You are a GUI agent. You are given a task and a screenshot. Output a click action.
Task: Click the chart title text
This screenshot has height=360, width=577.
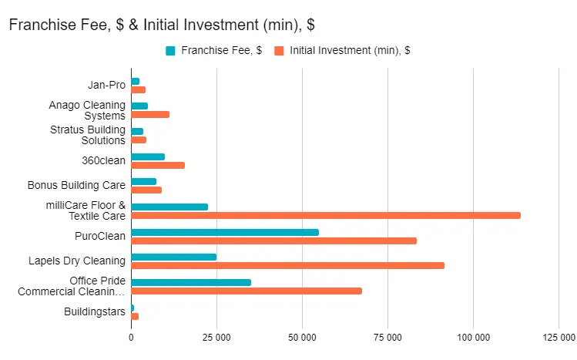162,25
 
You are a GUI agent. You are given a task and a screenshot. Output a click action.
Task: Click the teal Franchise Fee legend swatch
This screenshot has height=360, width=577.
170,51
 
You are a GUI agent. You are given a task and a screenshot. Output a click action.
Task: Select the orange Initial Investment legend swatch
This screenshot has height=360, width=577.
280,51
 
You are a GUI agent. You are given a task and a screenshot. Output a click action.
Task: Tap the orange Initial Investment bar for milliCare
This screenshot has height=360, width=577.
325,215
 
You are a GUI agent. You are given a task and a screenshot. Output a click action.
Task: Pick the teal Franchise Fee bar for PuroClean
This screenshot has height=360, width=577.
224,232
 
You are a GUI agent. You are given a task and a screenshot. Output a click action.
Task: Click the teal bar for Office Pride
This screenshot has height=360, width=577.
191,282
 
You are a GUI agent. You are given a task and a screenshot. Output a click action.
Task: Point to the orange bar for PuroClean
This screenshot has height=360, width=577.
273,241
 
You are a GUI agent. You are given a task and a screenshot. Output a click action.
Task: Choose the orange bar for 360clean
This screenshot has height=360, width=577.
158,165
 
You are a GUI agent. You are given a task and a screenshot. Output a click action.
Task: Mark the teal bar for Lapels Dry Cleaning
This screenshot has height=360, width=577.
173,257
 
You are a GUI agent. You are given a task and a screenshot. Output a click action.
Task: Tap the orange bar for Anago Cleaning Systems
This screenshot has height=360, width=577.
150,114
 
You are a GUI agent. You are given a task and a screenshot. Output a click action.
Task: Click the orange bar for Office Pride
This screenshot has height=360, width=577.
247,291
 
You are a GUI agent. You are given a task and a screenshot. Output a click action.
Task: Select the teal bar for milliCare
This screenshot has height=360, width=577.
169,207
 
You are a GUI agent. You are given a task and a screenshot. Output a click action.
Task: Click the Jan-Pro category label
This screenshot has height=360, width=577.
107,85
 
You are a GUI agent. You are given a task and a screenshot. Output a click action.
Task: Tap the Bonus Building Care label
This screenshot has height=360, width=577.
76,186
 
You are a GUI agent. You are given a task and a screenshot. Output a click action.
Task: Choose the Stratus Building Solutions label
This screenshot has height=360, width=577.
88,135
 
